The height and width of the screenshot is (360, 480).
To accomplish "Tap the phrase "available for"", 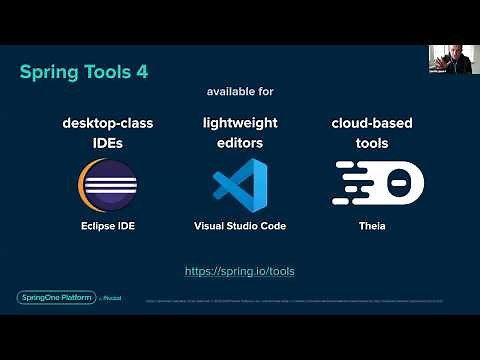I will [x=239, y=91].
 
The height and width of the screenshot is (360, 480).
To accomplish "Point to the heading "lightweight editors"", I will [x=240, y=133].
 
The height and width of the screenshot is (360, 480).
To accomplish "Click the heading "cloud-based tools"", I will [x=372, y=133].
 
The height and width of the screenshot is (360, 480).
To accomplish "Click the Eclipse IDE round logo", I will [x=107, y=186].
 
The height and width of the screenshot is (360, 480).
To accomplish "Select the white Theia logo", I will [x=372, y=185].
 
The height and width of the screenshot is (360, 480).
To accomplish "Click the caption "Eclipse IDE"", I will [x=107, y=226].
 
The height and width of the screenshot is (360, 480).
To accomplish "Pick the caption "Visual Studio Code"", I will [x=240, y=226].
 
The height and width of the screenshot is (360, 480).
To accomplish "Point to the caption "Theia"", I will [x=372, y=226].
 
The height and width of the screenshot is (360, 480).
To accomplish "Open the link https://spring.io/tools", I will [x=240, y=271].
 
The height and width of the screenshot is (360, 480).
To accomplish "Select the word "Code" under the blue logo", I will [x=272, y=226].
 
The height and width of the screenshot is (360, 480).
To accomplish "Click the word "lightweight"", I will [x=240, y=123].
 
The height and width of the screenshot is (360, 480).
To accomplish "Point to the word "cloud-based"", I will [x=372, y=123].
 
